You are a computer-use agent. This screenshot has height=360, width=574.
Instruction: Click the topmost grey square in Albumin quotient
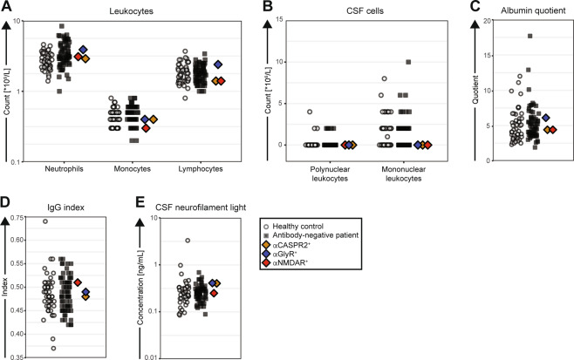pos(530,36)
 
